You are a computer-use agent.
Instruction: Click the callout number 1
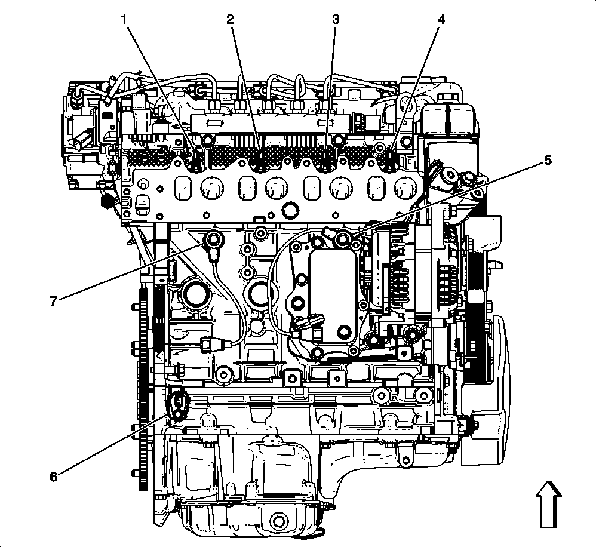(124, 19)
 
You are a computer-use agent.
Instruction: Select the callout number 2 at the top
(230, 19)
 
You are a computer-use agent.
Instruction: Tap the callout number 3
(336, 19)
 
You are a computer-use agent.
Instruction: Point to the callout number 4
(441, 19)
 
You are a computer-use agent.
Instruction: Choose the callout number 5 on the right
(547, 161)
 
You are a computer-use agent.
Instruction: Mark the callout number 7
(54, 301)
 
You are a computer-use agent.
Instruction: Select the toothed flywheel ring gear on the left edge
(144, 388)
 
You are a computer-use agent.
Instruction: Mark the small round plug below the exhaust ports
(291, 210)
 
